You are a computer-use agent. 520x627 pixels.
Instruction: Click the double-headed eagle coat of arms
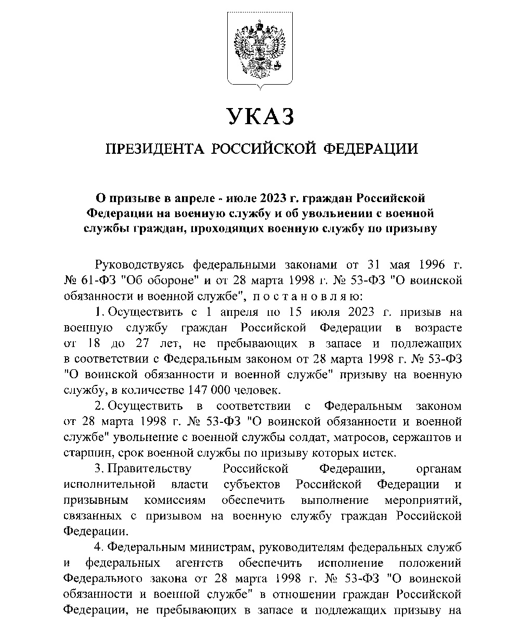tap(260, 48)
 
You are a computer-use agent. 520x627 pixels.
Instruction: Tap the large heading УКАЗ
tap(260, 116)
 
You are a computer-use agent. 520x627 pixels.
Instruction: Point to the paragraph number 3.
tap(98, 469)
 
